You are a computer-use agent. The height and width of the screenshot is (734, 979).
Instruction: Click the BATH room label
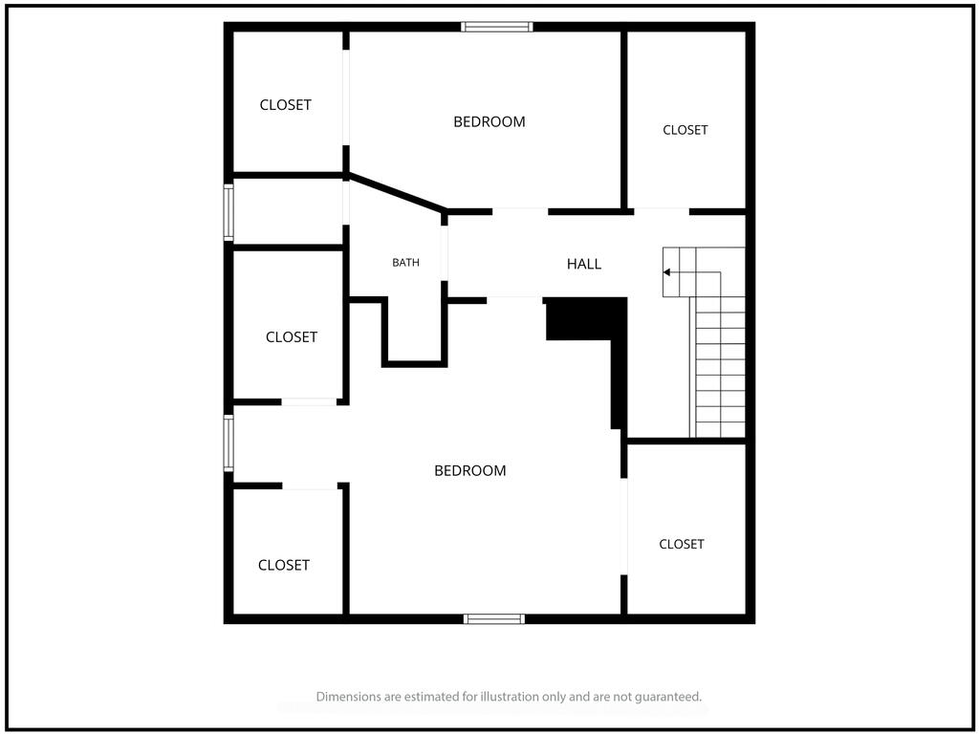click(x=405, y=263)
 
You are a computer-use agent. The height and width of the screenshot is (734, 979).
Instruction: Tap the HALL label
click(x=584, y=264)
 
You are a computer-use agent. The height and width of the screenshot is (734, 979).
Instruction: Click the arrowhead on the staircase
click(x=666, y=272)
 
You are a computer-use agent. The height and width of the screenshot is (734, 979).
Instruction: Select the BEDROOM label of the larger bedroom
click(x=470, y=470)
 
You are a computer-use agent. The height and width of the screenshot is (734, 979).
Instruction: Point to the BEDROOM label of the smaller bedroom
click(x=489, y=121)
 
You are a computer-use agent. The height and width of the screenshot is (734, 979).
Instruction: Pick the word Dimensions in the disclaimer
click(x=347, y=697)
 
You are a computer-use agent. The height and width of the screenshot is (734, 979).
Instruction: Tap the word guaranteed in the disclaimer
click(x=668, y=697)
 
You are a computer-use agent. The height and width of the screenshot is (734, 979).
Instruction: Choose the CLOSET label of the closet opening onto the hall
click(x=685, y=130)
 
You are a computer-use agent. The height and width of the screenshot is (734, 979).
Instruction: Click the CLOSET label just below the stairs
click(x=681, y=544)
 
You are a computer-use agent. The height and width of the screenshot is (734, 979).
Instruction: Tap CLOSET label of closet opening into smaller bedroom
click(x=285, y=105)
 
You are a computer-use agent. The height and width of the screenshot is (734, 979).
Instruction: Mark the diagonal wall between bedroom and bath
click(x=397, y=192)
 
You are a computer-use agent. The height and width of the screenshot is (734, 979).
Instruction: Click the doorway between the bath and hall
click(x=445, y=252)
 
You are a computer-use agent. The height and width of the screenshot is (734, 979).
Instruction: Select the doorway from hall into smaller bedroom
click(x=520, y=211)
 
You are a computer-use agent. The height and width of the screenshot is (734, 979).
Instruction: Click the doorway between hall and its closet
click(x=662, y=211)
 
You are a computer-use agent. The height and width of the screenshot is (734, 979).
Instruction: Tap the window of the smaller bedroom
click(x=497, y=27)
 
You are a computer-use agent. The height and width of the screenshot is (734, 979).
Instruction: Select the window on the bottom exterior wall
click(x=494, y=618)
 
